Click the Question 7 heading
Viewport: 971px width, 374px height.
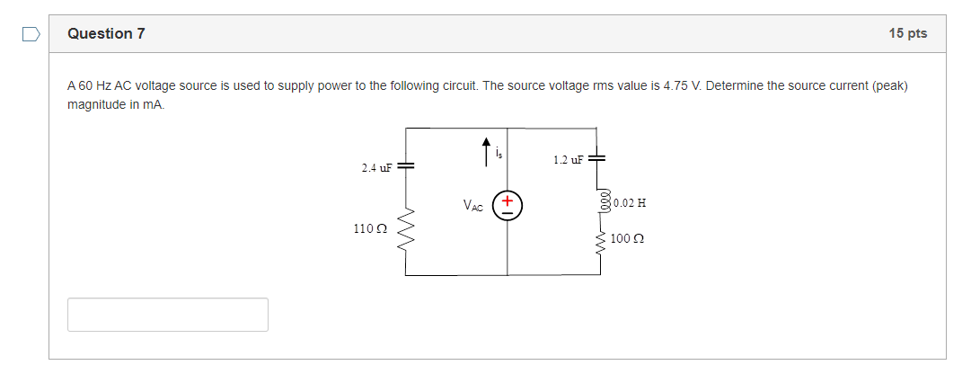[106, 33]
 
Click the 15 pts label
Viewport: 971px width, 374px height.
[907, 33]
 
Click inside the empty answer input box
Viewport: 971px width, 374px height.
[167, 315]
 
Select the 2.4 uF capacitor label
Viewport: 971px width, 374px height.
[376, 168]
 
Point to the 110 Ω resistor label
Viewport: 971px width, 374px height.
[370, 229]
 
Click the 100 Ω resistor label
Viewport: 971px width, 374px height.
[628, 239]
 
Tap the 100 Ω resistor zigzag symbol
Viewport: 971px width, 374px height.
[600, 239]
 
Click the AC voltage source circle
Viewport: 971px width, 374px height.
[508, 206]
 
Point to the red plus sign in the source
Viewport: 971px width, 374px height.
[508, 200]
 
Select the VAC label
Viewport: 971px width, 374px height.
[473, 207]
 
